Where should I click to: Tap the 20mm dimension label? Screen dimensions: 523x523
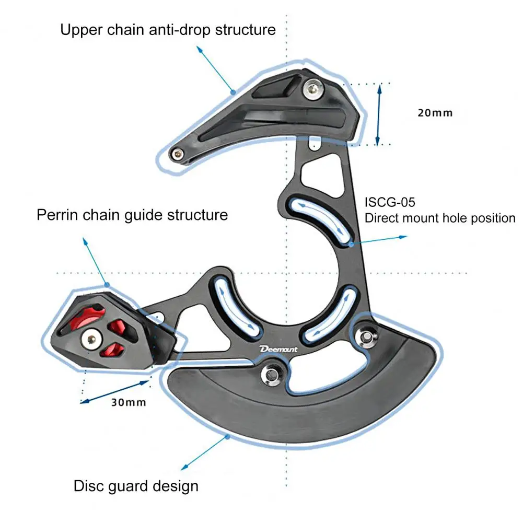[435, 112]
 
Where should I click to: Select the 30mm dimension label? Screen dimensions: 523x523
[129, 402]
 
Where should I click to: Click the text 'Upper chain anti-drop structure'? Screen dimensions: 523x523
[168, 29]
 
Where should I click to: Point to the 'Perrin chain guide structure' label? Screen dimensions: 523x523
[132, 215]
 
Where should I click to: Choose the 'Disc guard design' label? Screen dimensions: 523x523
[136, 486]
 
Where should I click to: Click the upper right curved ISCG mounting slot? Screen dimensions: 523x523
[317, 215]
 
